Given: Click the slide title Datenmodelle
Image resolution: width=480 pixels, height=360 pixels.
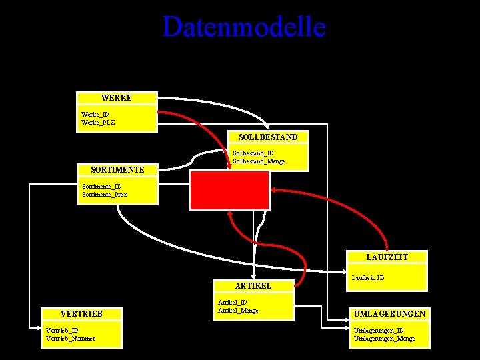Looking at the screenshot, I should click(x=244, y=27).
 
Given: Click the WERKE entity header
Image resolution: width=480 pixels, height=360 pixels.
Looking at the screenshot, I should click(x=117, y=98).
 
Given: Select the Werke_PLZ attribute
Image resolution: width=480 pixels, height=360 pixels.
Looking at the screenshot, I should click(x=98, y=123).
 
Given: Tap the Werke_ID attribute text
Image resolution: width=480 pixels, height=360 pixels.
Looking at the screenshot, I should click(x=95, y=115).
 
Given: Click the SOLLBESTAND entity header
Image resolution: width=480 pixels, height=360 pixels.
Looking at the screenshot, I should click(x=268, y=137).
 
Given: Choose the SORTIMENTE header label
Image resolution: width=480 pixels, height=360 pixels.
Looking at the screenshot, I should click(x=117, y=170).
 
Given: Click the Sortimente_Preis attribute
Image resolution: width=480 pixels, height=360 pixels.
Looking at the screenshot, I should click(x=104, y=195).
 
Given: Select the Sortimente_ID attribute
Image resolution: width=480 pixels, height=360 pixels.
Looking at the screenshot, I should click(x=101, y=187).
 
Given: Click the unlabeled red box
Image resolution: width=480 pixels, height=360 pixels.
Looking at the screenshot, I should click(x=229, y=190).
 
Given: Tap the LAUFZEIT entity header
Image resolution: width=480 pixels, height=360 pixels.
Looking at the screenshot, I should click(x=387, y=257).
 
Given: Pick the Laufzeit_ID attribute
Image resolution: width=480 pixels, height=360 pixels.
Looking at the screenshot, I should click(x=367, y=277).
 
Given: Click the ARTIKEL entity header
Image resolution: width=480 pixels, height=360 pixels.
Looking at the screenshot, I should click(x=253, y=285).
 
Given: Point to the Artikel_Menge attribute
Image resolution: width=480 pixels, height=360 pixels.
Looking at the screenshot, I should click(x=238, y=311).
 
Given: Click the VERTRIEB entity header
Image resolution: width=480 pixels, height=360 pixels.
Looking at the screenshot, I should click(x=81, y=313).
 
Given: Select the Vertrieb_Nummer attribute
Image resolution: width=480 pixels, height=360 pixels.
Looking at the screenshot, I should click(x=70, y=338).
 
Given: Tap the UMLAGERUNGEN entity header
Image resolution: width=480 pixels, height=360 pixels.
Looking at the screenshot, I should click(x=390, y=313).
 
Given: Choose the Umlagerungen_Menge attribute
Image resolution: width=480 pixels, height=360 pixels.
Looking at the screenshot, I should click(x=384, y=339).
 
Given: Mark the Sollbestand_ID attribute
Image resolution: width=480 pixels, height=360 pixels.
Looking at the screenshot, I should click(x=253, y=153).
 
